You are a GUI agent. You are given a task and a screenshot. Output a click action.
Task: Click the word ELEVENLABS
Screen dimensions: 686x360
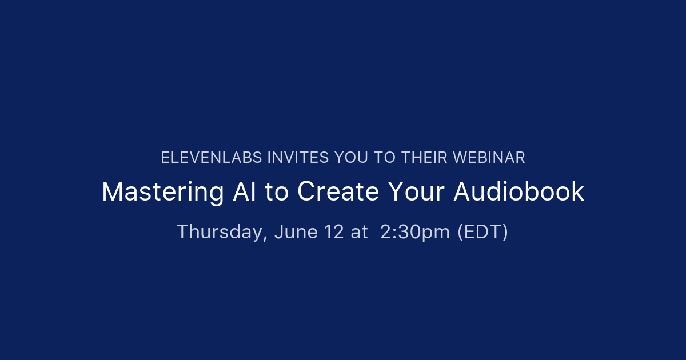point(212,158)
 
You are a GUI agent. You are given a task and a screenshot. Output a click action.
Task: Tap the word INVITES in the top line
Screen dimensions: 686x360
point(298,158)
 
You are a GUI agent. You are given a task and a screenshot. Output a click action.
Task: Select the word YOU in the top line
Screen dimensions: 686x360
point(351,158)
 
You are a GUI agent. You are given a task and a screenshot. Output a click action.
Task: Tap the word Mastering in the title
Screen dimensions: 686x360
point(162,192)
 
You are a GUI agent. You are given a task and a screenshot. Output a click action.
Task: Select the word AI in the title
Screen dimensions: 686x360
point(244,191)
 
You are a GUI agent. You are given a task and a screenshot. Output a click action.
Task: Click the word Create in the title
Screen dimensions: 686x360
point(338,191)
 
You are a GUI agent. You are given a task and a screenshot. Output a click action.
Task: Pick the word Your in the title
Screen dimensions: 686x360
point(416,191)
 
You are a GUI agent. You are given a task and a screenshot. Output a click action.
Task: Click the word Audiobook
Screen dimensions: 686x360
point(519,191)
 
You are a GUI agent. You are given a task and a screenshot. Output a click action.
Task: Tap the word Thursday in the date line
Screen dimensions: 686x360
point(220,232)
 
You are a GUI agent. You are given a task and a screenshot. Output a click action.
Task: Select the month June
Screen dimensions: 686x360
point(296,232)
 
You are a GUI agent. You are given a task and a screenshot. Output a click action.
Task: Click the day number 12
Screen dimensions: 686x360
point(333,232)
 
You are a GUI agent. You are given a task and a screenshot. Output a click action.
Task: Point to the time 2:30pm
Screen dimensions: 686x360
point(415,233)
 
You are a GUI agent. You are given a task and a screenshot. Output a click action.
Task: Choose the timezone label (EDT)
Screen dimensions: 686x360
point(482,233)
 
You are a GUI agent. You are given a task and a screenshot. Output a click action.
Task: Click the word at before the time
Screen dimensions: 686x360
point(359,233)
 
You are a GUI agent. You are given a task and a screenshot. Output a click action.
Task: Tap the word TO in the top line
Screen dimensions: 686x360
point(385,158)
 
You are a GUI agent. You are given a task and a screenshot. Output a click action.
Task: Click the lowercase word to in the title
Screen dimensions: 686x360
point(277,192)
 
